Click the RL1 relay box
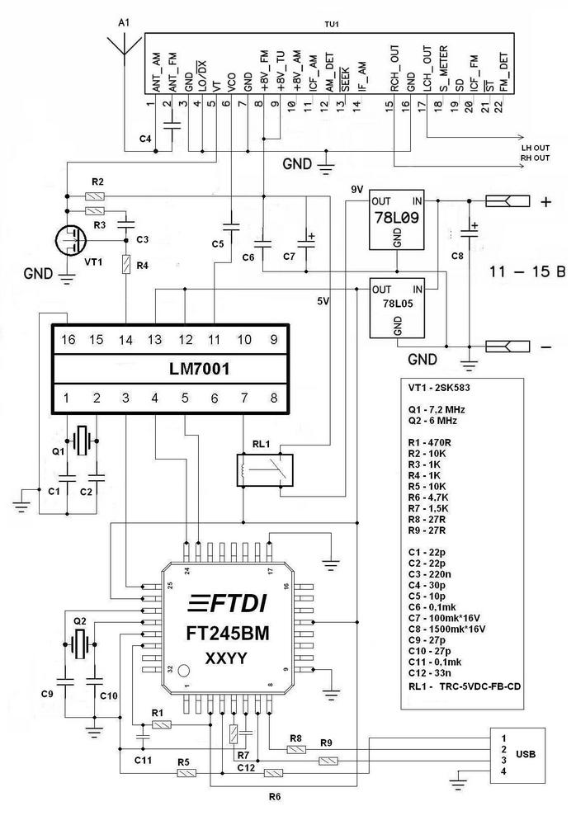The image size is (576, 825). (265, 471)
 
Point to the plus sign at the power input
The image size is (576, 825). (545, 201)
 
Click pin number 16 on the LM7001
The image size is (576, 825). (67, 339)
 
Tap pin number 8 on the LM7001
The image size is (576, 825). (272, 398)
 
